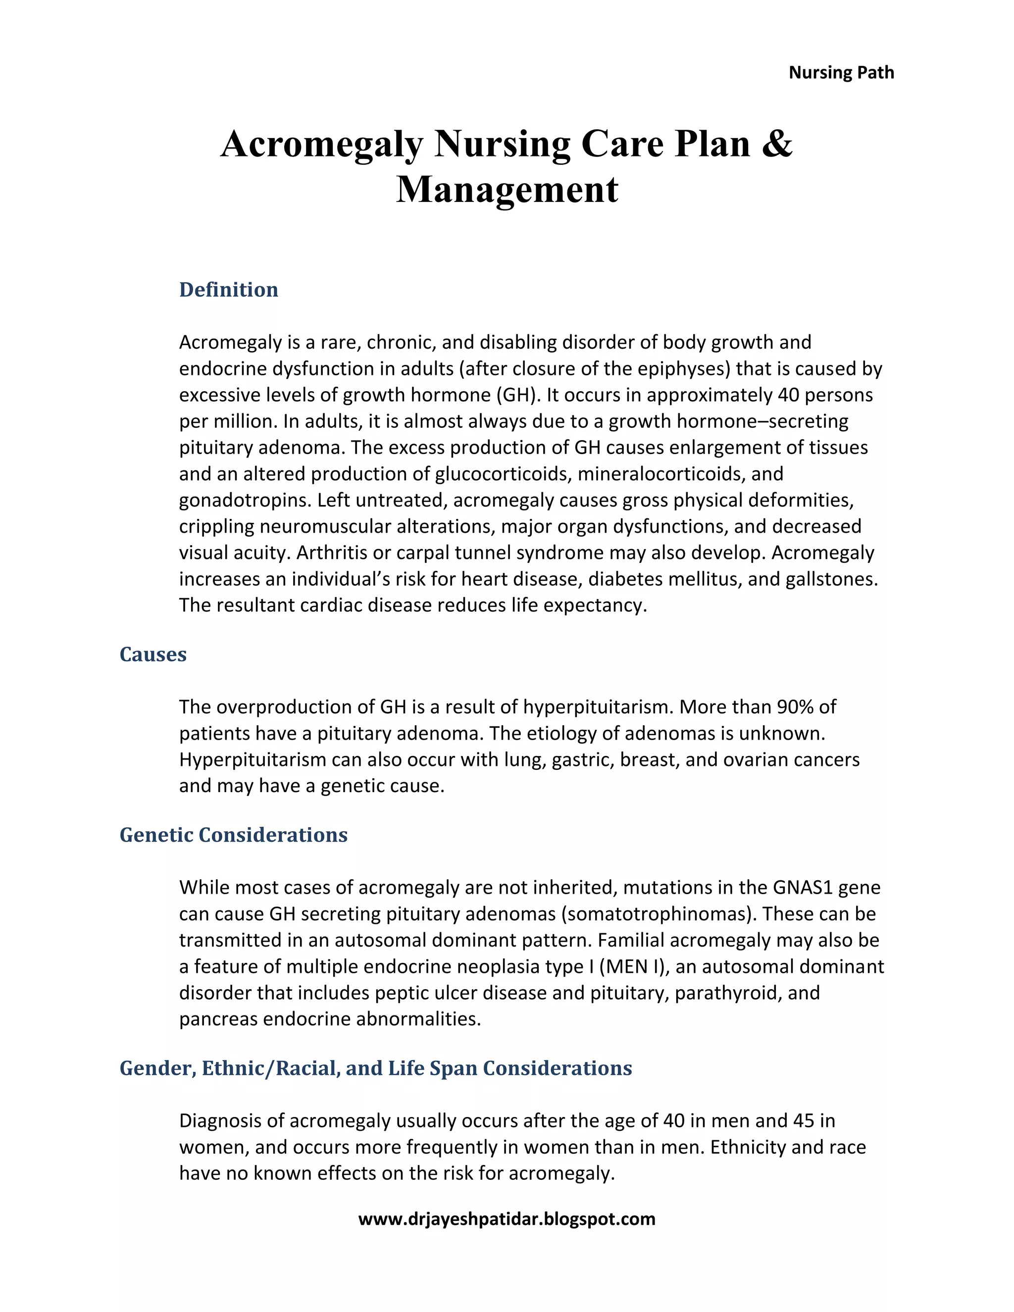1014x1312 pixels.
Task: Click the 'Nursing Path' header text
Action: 841,73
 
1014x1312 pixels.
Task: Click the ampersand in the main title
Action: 777,144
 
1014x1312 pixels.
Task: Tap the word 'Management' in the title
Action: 507,189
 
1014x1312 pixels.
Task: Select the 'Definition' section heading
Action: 228,290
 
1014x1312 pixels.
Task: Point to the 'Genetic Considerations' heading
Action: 233,835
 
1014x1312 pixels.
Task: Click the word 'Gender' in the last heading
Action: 157,1068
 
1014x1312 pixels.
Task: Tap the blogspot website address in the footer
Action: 507,1219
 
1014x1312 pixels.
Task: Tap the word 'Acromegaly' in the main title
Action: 322,144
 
